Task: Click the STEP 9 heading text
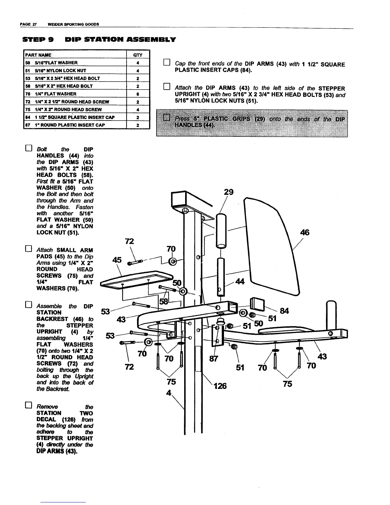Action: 38,40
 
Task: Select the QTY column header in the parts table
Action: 138,55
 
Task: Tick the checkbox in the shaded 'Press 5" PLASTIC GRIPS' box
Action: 166,118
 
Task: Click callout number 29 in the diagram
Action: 228,192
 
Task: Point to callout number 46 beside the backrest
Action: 305,232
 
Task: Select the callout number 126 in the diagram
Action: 220,386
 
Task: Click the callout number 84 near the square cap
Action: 284,311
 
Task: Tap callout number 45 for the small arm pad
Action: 117,260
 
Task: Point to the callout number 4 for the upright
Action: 169,393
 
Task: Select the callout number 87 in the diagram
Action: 213,359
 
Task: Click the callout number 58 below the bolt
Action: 163,301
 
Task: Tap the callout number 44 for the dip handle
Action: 239,282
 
